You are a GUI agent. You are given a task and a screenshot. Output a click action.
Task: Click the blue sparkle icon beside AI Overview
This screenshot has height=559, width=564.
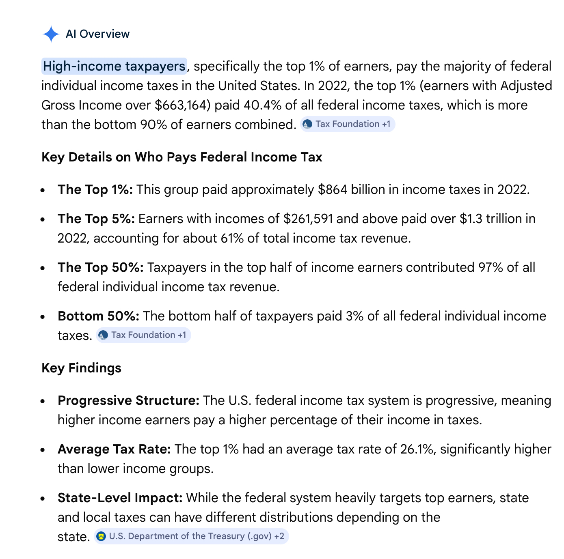pos(51,34)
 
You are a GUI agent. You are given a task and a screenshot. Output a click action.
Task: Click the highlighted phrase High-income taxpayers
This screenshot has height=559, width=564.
pos(114,66)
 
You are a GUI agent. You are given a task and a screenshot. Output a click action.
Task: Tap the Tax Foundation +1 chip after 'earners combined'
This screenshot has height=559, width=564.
pos(348,124)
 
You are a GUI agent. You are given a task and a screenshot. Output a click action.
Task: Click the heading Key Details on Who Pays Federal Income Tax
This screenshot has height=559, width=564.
pos(182,157)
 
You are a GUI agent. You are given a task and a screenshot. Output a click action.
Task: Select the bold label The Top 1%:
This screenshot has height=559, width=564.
pos(95,189)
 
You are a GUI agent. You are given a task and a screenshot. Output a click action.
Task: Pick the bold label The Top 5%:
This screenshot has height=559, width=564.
pos(96,219)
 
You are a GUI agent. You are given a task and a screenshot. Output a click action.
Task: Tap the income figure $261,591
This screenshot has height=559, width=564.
pos(308,219)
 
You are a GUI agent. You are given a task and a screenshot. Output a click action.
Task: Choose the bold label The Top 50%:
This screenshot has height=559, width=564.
pos(100,267)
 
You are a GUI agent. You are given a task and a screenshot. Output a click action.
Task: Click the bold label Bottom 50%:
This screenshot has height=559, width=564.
pos(98,316)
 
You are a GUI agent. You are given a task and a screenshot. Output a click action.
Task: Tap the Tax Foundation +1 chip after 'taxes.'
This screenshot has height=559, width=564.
pos(143,335)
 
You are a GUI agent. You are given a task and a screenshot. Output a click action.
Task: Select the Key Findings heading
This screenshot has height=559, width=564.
pos(81,368)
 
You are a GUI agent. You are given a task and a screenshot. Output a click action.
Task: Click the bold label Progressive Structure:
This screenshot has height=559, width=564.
pos(128,400)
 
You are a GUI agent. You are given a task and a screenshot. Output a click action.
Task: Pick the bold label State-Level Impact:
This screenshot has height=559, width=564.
pos(120,498)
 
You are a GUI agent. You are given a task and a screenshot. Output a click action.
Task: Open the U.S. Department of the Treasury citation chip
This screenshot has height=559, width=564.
pos(191,536)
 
